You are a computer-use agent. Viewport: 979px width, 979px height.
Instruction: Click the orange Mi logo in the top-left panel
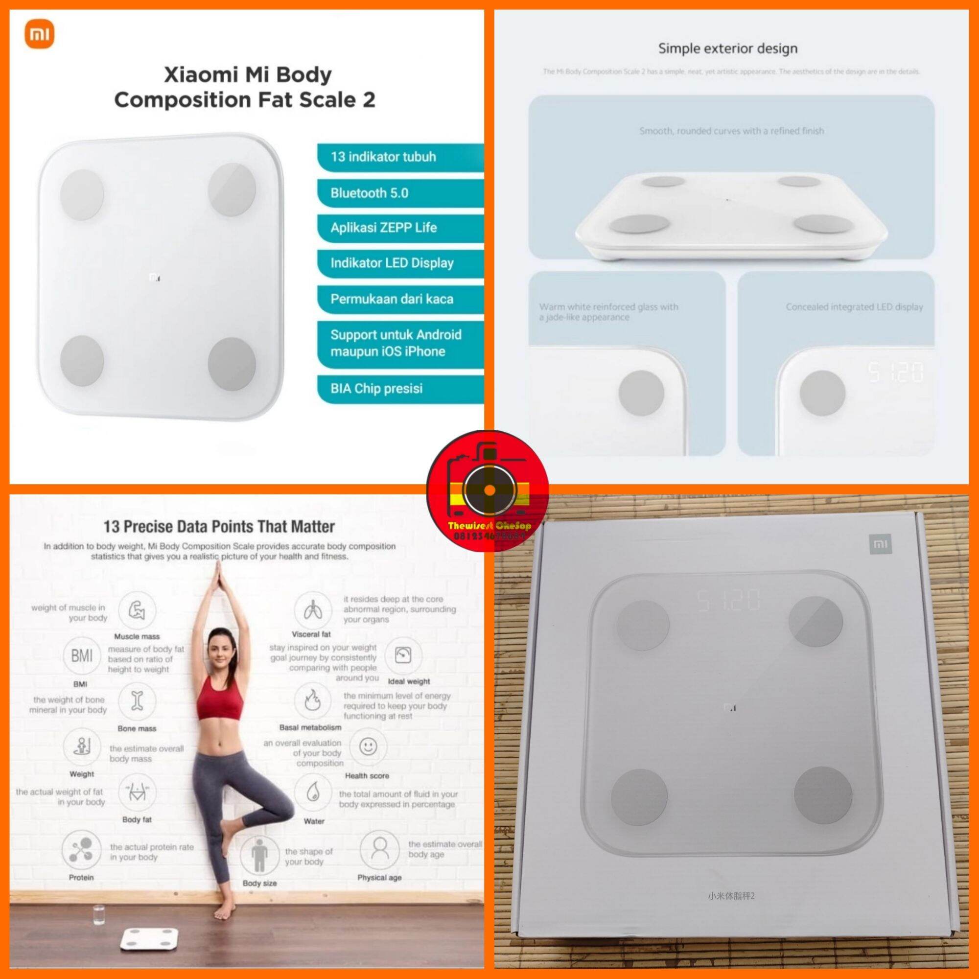tap(40, 36)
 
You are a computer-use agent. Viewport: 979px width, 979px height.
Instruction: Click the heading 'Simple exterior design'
tap(728, 48)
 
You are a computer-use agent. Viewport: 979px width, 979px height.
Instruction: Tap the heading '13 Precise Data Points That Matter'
tap(219, 527)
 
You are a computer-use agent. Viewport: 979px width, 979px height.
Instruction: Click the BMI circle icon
tap(81, 656)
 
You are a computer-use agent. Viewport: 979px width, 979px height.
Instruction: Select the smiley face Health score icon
tap(368, 746)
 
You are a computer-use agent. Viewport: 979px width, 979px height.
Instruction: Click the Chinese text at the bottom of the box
tap(731, 896)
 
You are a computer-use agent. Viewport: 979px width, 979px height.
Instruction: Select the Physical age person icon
tap(379, 850)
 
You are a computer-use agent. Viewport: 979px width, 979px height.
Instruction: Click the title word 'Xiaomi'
tap(201, 75)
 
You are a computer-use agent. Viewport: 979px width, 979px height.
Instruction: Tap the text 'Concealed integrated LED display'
tap(854, 306)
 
